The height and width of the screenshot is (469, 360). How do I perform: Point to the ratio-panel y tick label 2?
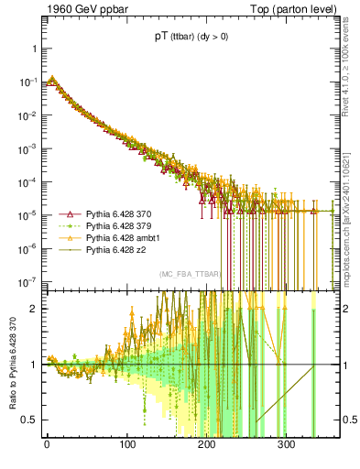coord(33,309)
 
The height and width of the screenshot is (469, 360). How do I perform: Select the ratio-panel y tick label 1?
coord(33,365)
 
